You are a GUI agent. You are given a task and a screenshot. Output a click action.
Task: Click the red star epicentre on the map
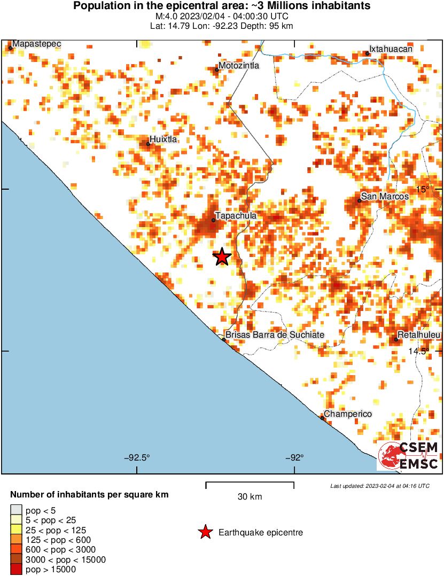click(222, 257)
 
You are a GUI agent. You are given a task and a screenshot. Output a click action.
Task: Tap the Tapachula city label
click(236, 215)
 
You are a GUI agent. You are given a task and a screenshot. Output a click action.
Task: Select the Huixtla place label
click(163, 139)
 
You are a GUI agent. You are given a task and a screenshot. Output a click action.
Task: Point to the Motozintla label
click(239, 65)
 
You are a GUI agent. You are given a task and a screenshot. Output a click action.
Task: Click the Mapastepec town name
click(36, 43)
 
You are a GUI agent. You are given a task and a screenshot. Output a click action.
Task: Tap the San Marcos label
click(385, 197)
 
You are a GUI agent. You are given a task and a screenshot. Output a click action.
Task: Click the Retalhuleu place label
click(419, 335)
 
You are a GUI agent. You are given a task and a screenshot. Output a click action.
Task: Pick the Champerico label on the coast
click(348, 414)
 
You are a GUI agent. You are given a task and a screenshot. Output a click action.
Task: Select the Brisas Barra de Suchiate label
click(275, 334)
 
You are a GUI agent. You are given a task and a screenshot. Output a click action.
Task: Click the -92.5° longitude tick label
click(137, 457)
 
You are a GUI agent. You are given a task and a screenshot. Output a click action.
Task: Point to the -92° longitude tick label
click(294, 457)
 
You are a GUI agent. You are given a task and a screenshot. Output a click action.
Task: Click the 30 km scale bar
click(250, 485)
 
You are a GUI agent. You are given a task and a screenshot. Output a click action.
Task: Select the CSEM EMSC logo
click(409, 456)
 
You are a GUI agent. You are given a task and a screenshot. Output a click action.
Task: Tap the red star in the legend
click(205, 532)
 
